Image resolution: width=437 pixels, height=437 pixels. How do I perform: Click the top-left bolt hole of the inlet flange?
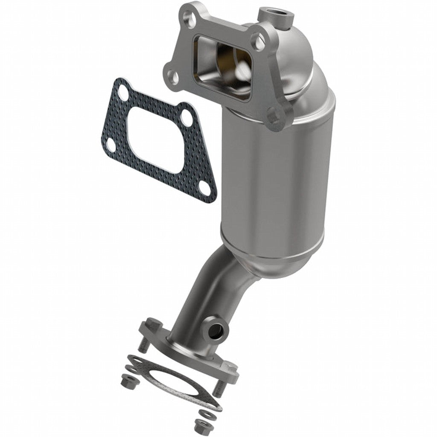[x=186, y=16]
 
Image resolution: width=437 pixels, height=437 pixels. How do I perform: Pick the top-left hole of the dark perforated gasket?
[x=122, y=91]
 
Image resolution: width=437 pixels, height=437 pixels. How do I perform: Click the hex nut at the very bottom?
[x=199, y=425]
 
